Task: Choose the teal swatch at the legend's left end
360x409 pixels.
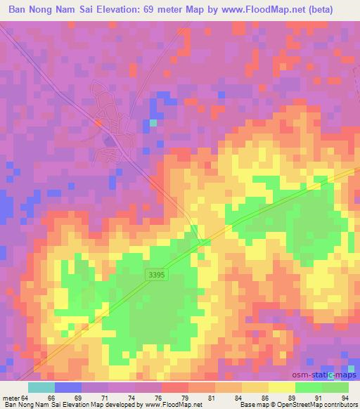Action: click(x=41, y=387)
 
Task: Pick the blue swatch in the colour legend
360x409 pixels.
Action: click(x=67, y=387)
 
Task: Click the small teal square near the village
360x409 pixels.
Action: click(x=153, y=123)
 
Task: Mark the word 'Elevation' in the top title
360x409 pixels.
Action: click(x=113, y=10)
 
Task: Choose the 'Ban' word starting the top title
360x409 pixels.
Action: click(x=17, y=10)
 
